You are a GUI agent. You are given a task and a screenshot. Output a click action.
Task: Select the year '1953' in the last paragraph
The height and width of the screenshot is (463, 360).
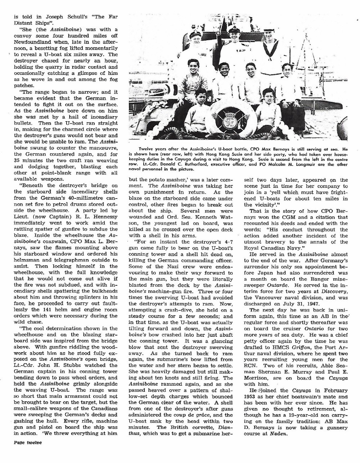click(252, 396)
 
